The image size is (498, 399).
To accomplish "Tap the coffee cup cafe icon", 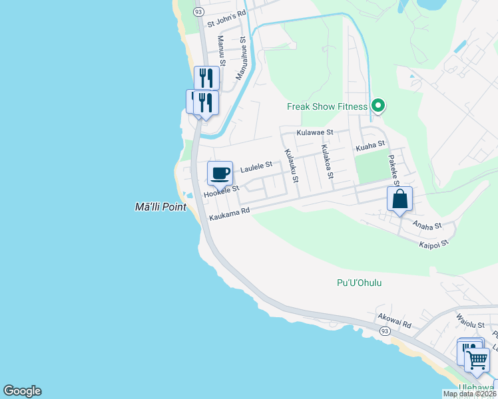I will coord(220,174).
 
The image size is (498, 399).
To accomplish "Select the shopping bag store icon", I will coord(399,199).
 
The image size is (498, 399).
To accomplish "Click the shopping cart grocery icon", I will coord(477,360).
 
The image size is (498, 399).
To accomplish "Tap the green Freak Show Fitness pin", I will coord(378,106).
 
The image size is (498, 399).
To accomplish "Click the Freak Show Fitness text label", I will coord(327,106).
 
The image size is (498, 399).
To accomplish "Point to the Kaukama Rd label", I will coord(229,214).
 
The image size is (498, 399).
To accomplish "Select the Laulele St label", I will coord(256,166).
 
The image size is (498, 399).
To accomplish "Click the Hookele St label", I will coord(221,191).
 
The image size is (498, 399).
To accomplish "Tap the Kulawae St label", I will coord(314,133).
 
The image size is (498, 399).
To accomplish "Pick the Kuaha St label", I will coord(370,144).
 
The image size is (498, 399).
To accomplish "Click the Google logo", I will coord(22,391).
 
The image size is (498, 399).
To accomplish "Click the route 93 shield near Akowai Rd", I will coord(385,331).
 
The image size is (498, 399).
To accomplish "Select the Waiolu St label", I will coord(469,323).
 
